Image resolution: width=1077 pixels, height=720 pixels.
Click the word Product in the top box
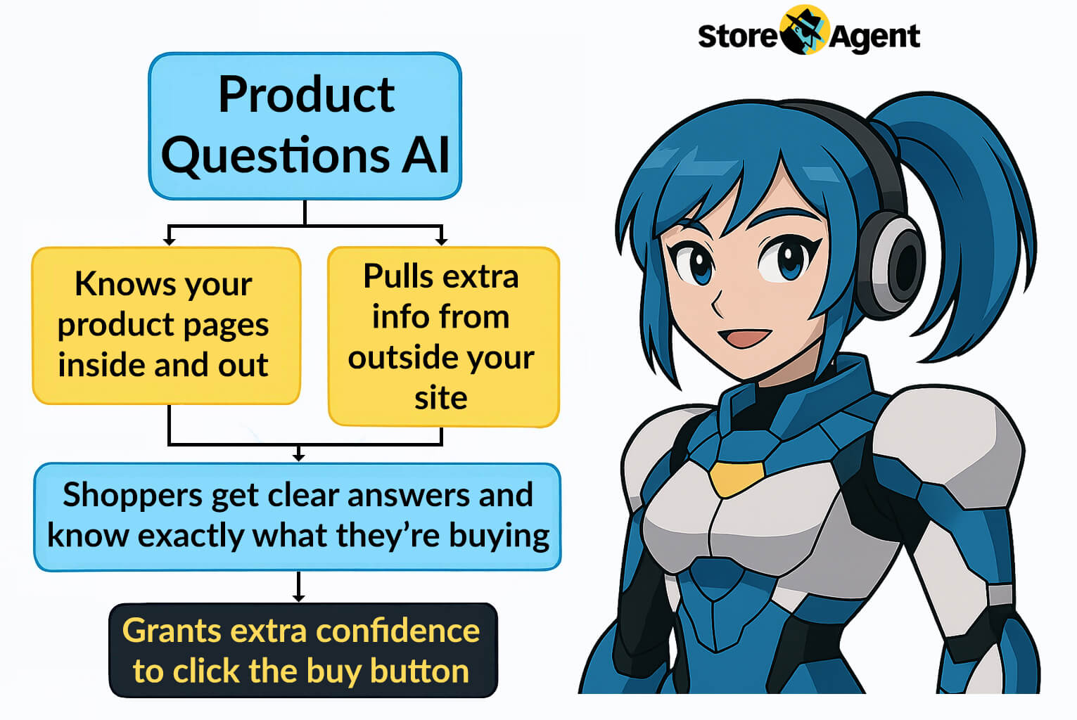click(306, 94)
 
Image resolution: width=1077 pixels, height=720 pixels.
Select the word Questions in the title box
click(276, 155)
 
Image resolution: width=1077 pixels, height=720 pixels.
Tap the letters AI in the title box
click(426, 154)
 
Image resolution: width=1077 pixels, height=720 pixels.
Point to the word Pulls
click(399, 276)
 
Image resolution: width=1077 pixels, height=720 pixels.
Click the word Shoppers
click(133, 496)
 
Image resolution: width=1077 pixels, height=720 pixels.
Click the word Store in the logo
click(737, 36)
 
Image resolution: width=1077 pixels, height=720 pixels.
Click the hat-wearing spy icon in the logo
click(803, 30)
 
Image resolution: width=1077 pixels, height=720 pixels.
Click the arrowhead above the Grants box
click(298, 598)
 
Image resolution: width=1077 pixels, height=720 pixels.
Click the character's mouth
click(744, 337)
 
